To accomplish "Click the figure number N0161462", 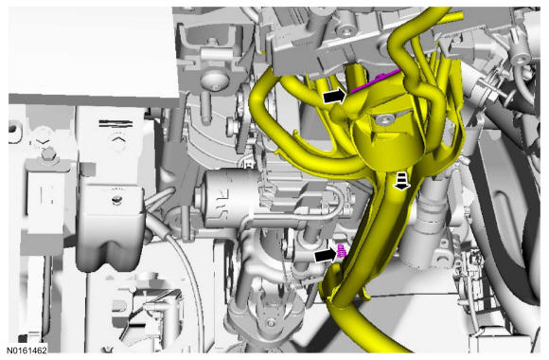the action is coord(27,350).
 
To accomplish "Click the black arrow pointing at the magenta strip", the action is coord(334,96).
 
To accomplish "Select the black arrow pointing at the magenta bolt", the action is coord(326,255).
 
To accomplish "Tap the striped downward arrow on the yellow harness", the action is coord(402,181).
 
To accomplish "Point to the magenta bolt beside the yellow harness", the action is coord(342,251).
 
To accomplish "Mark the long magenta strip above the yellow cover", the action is coord(376,81).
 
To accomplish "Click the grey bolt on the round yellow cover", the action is coord(383,121).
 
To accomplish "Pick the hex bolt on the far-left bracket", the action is coord(47,153).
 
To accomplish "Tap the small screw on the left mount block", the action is coord(116,200).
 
